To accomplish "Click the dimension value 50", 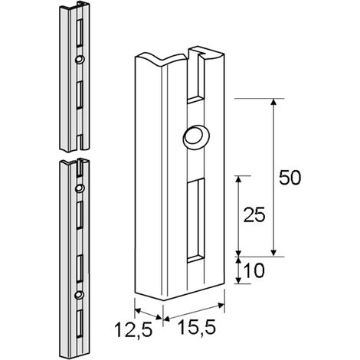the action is (290, 177).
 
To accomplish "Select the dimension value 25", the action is (254, 214).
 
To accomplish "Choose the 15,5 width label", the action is (196, 328).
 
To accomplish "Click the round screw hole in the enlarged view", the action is (196, 137).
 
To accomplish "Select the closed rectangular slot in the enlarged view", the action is (196, 221).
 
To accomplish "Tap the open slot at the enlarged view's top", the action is (196, 77).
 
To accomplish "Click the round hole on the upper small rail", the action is (80, 59).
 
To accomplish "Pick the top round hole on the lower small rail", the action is (80, 188).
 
